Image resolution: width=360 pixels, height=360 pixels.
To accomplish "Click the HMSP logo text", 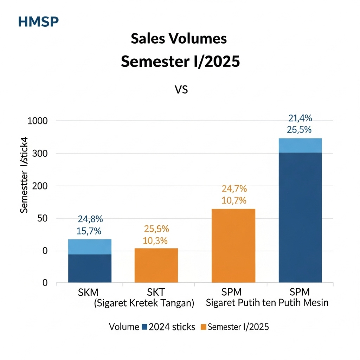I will click(38, 22).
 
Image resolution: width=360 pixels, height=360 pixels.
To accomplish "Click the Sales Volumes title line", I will click(179, 39).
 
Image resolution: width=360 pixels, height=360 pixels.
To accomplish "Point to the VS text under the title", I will click(181, 90).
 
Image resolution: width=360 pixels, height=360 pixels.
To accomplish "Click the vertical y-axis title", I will click(24, 175).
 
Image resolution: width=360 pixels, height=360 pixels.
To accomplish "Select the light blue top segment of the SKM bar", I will click(90, 246).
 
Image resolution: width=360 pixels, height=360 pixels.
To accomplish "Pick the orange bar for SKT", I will click(156, 265).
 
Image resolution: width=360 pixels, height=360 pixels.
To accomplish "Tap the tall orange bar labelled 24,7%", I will click(233, 245).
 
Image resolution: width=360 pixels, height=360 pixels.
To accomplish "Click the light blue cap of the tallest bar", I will click(300, 145).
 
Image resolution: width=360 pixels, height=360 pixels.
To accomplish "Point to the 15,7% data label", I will click(89, 231).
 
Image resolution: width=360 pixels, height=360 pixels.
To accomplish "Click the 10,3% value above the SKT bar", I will click(155, 241).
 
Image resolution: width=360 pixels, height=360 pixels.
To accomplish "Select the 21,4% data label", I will click(300, 118).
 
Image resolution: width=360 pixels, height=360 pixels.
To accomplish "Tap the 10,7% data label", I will click(234, 201).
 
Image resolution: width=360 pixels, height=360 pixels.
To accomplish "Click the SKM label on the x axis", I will click(89, 292).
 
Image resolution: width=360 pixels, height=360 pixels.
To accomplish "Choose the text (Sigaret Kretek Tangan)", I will click(144, 303).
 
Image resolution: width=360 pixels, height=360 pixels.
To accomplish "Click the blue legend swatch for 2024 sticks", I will click(144, 327).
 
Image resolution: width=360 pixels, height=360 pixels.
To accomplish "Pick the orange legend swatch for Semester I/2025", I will click(203, 327).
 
